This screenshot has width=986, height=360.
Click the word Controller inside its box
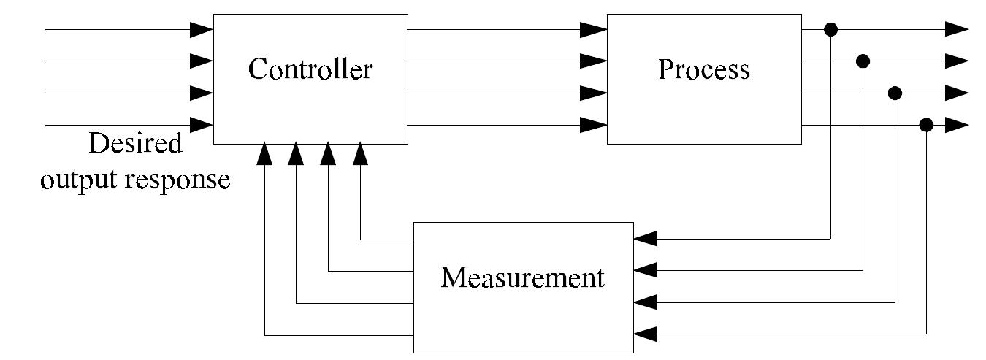coord(310,70)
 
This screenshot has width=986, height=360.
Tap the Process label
coord(703,69)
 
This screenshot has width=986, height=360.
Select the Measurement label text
coord(523,278)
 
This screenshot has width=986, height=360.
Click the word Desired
coord(134,144)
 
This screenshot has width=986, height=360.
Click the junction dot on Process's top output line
coord(830,29)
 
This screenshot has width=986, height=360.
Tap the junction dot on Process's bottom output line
coord(926,125)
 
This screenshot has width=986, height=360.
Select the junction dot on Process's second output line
coord(863,61)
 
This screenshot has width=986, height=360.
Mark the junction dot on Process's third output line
coord(895,93)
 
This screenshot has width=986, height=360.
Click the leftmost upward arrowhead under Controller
coord(264,153)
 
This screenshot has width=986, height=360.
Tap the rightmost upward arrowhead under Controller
coord(360,153)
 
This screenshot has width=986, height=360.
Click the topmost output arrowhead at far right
coord(957,29)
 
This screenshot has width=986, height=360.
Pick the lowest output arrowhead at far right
coord(957,125)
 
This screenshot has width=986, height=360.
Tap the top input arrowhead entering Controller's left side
coord(201,29)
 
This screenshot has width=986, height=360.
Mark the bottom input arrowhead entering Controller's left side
coord(201,125)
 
